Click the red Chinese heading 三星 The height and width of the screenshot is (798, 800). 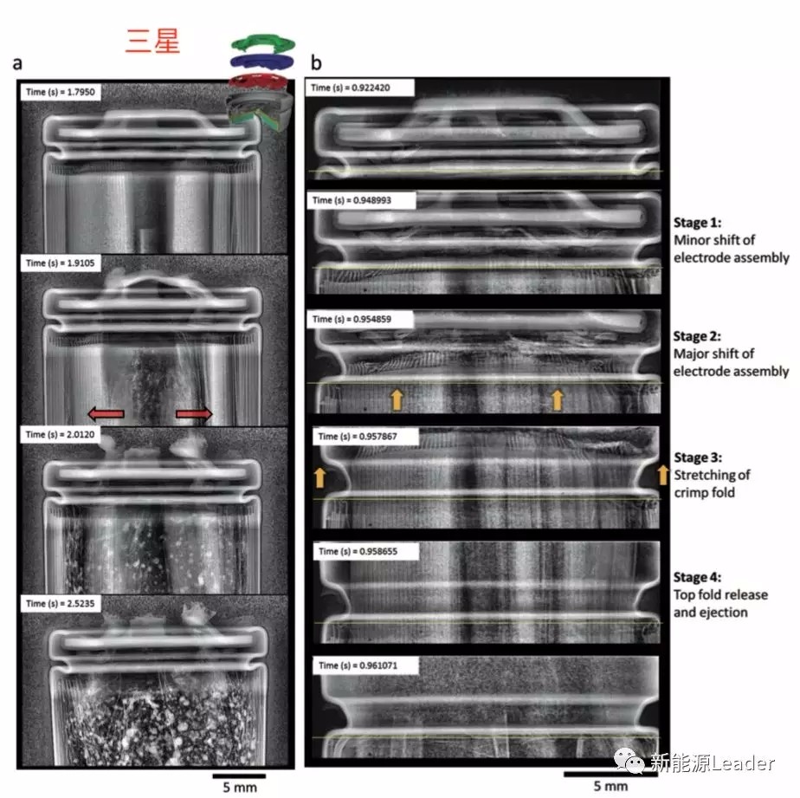click(152, 41)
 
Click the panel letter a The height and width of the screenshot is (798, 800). click(16, 63)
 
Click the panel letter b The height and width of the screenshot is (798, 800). click(316, 63)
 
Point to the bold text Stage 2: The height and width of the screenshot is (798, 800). click(697, 336)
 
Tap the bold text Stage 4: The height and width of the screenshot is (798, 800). click(697, 577)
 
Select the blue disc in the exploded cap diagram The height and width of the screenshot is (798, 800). click(264, 61)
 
